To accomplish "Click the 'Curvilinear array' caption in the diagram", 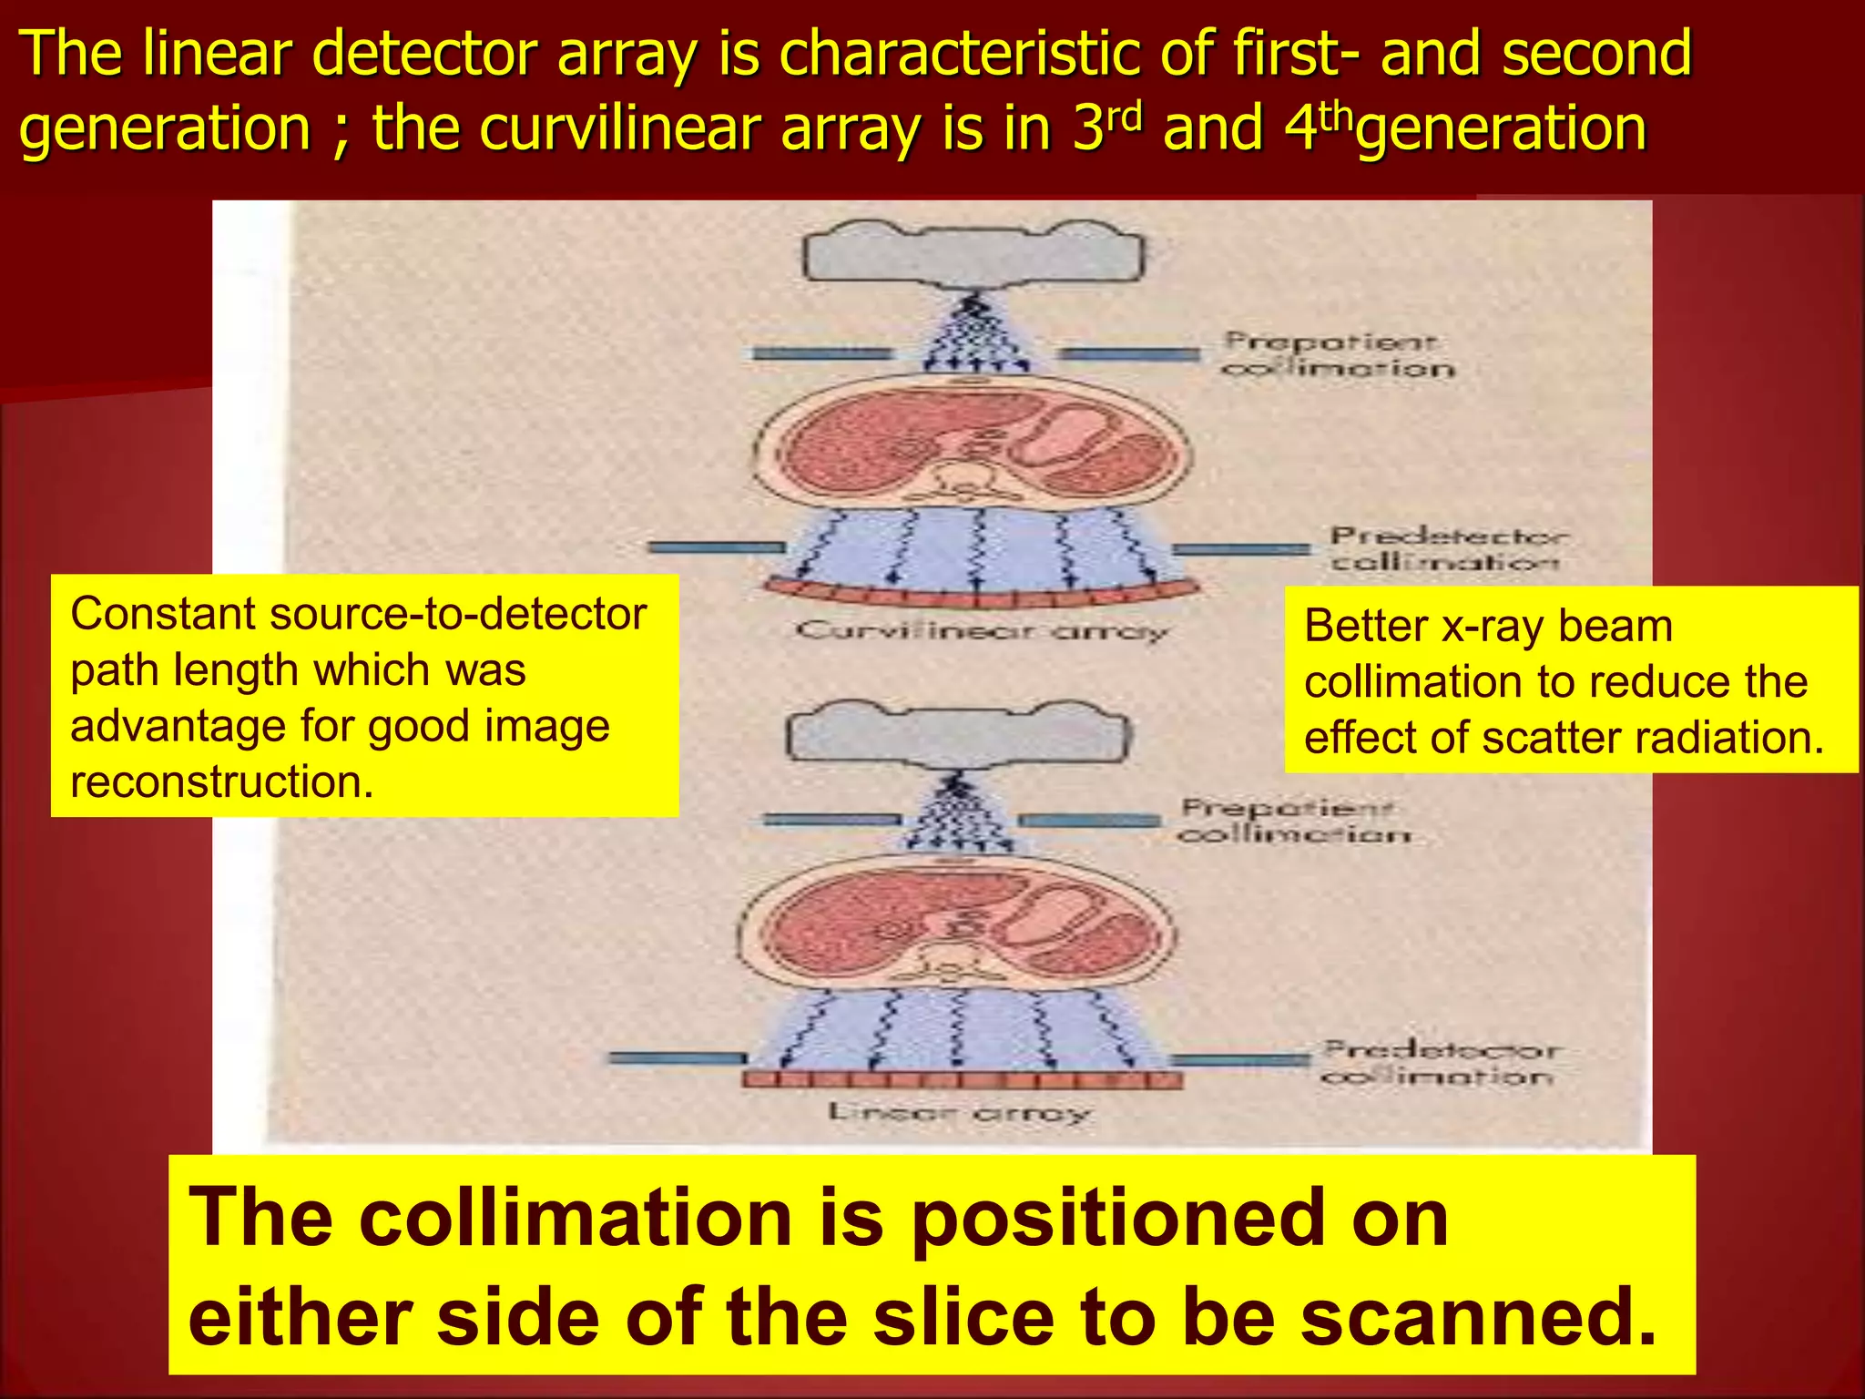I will [x=981, y=630].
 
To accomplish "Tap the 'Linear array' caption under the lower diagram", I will [x=959, y=1112].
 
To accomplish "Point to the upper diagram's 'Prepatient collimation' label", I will [x=1336, y=355].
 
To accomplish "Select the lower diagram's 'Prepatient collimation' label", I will [x=1293, y=821].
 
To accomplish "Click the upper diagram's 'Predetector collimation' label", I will [x=1447, y=548].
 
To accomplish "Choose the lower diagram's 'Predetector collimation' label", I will [x=1439, y=1063].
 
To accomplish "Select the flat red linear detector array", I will [x=962, y=1080].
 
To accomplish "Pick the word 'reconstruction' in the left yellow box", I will [x=222, y=781].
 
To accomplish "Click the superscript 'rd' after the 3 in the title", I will [x=1126, y=116].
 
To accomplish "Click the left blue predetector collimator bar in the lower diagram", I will [x=676, y=1058].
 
